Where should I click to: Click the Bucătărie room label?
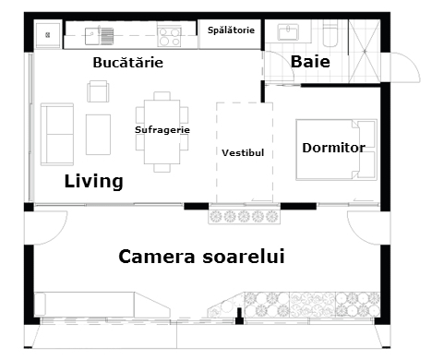[128, 63]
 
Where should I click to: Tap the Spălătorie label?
[231, 30]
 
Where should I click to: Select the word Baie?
[310, 62]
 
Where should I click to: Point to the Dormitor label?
[333, 148]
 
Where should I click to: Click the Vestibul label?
[243, 152]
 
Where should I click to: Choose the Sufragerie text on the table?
[162, 130]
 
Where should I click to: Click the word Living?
[94, 182]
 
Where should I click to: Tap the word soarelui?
[244, 257]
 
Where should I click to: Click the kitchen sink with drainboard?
[100, 36]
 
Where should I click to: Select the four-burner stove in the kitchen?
[169, 37]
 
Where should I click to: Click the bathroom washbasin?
[288, 32]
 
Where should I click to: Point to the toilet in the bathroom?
[330, 34]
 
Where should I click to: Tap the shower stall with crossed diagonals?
[365, 51]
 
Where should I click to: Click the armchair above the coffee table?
[98, 91]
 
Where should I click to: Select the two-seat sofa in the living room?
[57, 134]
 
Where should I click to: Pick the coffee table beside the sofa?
[98, 135]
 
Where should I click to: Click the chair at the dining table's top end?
[162, 96]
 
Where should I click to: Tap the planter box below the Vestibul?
[244, 217]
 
